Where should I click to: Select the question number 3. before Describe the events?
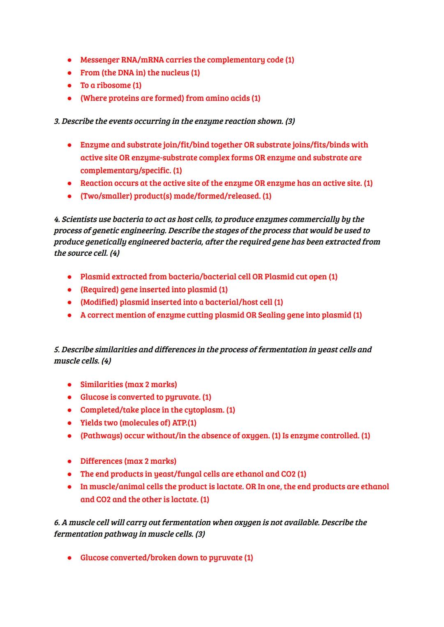point(57,121)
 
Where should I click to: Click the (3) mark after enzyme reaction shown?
point(290,121)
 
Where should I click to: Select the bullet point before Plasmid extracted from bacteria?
point(70,277)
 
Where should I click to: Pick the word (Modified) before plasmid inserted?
point(99,303)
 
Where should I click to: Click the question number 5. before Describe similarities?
point(57,350)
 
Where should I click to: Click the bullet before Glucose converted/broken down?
point(70,558)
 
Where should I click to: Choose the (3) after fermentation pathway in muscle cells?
point(200,534)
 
